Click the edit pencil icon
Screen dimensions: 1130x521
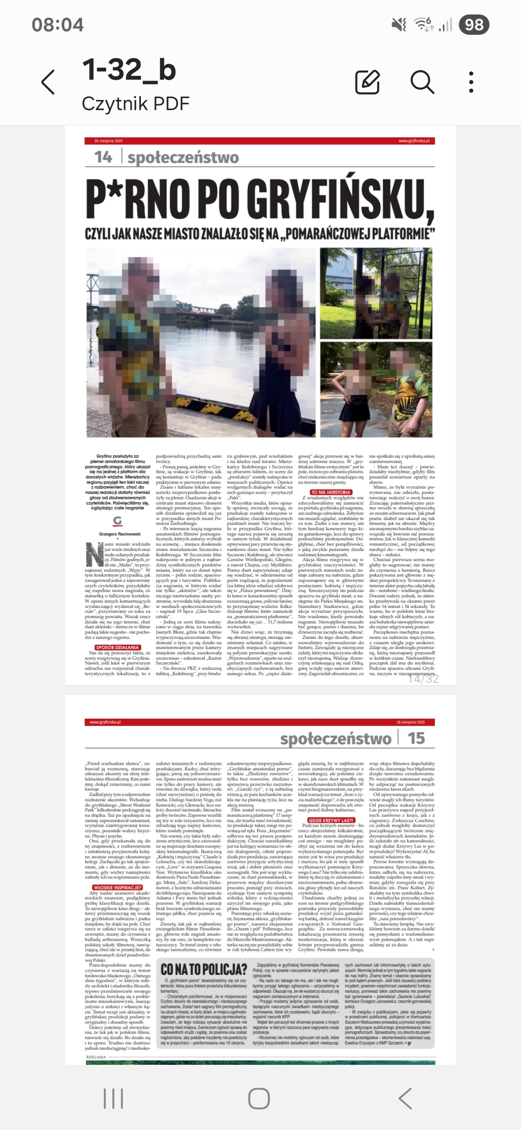368,82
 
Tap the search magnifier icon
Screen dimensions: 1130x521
422,82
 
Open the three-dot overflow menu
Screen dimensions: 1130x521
471,82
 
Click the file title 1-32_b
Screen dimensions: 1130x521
129,70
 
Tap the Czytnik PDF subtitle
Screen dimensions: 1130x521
136,103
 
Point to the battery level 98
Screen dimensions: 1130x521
474,25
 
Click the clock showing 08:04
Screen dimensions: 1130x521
57,25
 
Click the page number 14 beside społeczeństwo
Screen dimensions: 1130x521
103,157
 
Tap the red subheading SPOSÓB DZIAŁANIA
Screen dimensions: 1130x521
118,648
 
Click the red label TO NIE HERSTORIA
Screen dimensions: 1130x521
330,492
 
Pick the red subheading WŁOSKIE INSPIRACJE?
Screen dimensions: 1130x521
118,888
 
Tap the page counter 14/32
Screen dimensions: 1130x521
424,678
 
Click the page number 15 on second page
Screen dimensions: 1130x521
416,738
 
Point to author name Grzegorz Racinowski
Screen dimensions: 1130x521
120,534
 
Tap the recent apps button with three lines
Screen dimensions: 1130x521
113,1099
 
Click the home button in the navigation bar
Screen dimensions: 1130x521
259,1099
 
